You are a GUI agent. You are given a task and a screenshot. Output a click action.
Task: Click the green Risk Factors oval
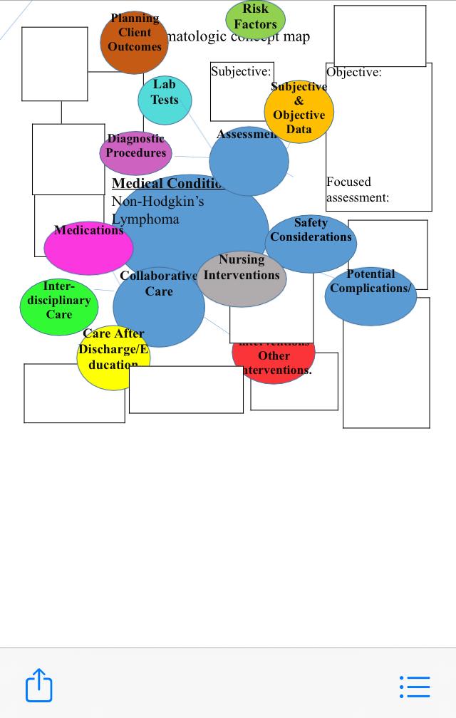[x=255, y=19]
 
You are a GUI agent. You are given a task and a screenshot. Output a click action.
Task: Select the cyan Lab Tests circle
[x=165, y=100]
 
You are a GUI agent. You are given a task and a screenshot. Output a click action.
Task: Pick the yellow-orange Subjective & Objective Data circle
[x=299, y=112]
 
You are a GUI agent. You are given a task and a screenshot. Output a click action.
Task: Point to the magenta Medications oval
[x=88, y=248]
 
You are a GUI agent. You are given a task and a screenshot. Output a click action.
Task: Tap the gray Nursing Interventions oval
[x=242, y=278]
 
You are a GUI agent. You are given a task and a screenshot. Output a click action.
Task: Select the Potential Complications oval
[x=370, y=296]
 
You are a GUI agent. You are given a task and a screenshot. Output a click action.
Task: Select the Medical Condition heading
[x=167, y=183]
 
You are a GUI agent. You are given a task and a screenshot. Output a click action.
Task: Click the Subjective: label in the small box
[x=241, y=71]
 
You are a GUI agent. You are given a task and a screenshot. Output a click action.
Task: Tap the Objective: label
[x=354, y=72]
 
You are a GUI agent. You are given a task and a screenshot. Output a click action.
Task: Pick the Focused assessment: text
[x=358, y=189]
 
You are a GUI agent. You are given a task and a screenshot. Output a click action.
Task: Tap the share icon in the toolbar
[x=40, y=685]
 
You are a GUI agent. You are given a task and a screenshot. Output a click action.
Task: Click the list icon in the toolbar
[x=415, y=686]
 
